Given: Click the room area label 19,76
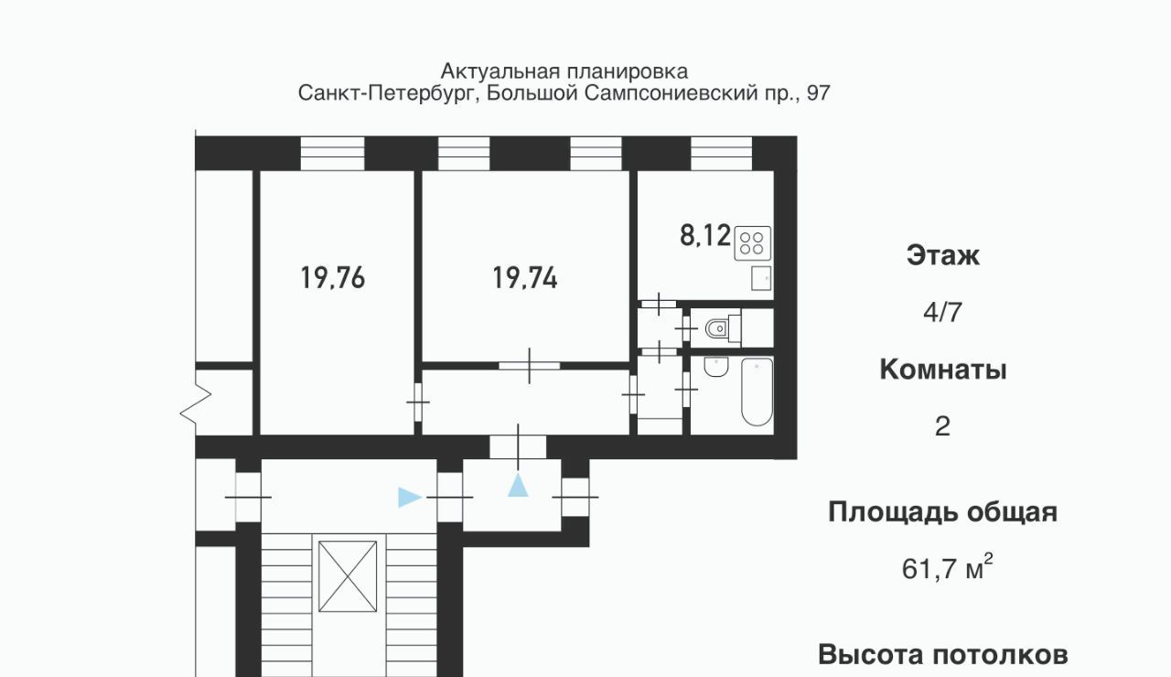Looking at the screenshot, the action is click(332, 277).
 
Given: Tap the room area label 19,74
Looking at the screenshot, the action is click(525, 277).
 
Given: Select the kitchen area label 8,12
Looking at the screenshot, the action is click(704, 235).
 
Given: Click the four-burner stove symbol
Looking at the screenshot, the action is click(752, 243).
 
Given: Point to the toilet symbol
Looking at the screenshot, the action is click(723, 328).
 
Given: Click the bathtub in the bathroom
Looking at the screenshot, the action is click(757, 392).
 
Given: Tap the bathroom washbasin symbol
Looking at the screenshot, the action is click(716, 367).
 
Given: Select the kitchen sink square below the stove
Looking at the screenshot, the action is click(761, 278).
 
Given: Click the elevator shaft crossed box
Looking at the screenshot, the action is click(348, 576).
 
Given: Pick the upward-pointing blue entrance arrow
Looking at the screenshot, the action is click(518, 485).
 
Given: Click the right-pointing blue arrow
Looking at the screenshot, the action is click(411, 497).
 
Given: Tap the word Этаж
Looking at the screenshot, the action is click(943, 255).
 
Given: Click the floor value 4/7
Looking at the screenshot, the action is click(942, 313).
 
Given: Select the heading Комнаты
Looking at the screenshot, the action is click(943, 370).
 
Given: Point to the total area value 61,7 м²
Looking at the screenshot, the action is click(947, 567).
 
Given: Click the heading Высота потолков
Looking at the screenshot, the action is click(943, 655).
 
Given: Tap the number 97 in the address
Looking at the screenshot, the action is click(818, 93).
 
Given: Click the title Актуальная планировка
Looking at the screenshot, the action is click(564, 71).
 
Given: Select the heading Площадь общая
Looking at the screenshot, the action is click(943, 512).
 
